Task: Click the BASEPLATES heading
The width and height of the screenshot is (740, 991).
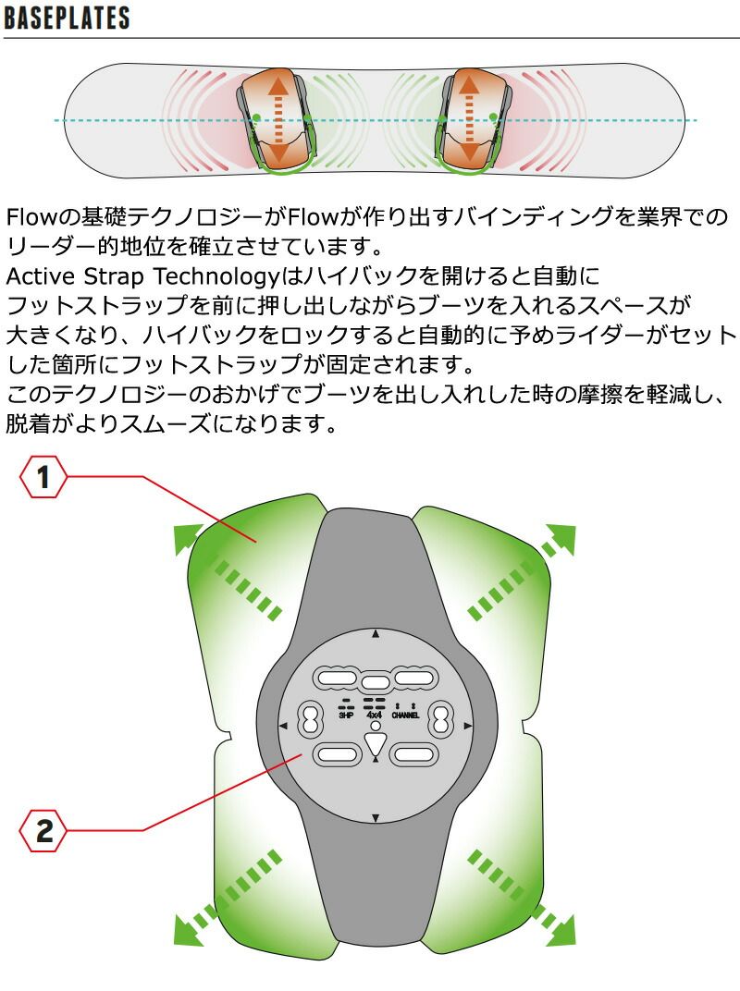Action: click(x=67, y=18)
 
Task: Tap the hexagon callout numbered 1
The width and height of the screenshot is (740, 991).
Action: click(x=43, y=476)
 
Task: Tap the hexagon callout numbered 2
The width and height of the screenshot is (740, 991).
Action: click(x=43, y=830)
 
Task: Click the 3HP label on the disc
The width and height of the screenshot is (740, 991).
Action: click(x=346, y=716)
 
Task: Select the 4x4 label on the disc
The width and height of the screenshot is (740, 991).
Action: click(x=375, y=716)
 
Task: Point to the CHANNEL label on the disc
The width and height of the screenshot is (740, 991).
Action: click(x=405, y=716)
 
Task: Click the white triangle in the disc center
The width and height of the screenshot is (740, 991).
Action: click(x=376, y=744)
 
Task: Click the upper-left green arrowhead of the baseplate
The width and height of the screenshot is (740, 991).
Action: click(x=187, y=538)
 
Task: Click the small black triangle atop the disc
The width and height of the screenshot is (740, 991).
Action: click(x=376, y=633)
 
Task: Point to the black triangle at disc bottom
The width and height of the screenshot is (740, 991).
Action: click(x=376, y=818)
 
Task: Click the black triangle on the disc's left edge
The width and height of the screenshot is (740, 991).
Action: click(x=283, y=727)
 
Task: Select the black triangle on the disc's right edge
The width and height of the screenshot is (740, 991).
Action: click(x=468, y=727)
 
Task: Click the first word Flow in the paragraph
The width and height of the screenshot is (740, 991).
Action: click(x=31, y=216)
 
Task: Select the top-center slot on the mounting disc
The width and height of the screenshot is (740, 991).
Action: click(x=375, y=682)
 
